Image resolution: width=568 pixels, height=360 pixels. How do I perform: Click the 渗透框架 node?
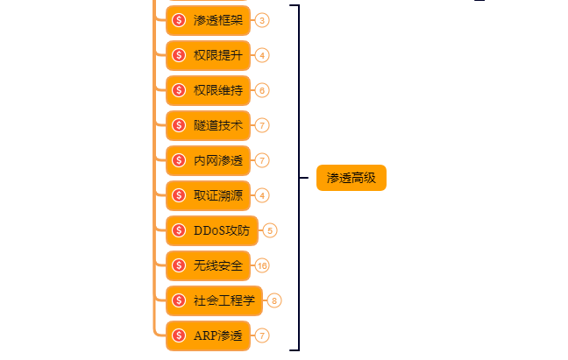click(x=208, y=19)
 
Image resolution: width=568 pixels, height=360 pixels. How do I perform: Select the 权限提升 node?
click(x=208, y=54)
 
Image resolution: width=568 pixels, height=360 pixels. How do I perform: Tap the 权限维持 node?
click(x=208, y=89)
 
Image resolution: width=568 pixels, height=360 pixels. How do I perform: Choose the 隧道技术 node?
click(x=208, y=125)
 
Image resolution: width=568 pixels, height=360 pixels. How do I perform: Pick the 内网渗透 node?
click(x=208, y=160)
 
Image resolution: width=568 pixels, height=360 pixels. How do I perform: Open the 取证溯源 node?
click(x=208, y=195)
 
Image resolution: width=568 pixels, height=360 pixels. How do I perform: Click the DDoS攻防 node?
click(x=212, y=230)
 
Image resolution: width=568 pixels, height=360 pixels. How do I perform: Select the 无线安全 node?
click(x=208, y=265)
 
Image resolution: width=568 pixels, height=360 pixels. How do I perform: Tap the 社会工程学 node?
click(x=215, y=300)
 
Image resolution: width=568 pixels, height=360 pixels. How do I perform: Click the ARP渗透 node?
click(x=208, y=335)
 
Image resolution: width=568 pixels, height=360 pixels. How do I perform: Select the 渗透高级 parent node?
click(x=351, y=178)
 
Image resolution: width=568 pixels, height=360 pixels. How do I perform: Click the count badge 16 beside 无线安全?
click(x=262, y=265)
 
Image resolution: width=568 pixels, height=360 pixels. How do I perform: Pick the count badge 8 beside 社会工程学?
click(x=275, y=300)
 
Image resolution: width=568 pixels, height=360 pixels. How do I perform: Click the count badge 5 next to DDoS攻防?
click(x=270, y=230)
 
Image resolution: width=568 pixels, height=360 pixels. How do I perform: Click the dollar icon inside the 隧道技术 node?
click(x=179, y=125)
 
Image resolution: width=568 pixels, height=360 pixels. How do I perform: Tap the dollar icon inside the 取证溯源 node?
click(x=179, y=195)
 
